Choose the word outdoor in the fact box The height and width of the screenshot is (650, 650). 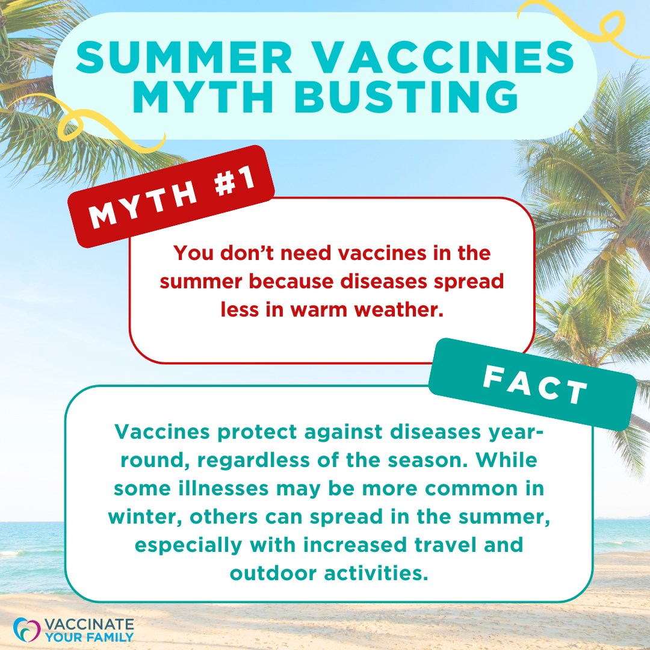click(x=274, y=572)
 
